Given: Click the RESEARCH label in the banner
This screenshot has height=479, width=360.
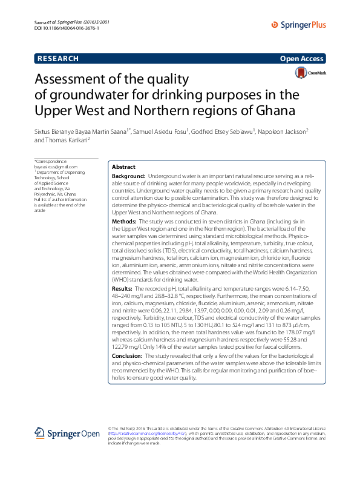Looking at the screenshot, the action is coord(58,59).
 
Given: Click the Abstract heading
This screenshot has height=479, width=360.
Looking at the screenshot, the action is coord(124,167).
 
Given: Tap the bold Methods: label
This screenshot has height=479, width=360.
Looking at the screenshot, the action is coord(125,222).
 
